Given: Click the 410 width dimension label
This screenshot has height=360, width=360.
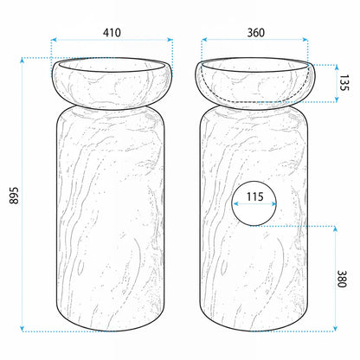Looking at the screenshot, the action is [x=112, y=33].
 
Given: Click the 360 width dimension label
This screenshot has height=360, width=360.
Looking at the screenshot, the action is [x=256, y=33].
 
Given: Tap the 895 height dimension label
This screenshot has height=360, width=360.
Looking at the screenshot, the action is [x=14, y=196].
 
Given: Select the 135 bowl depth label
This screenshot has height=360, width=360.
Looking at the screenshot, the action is [x=344, y=83].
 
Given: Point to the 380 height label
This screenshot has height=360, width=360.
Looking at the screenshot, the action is [x=342, y=279].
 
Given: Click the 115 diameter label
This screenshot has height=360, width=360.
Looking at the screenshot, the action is [x=255, y=196].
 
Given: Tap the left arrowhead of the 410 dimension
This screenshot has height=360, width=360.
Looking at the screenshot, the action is [x=54, y=40].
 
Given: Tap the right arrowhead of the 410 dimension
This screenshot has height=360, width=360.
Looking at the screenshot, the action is [x=170, y=40].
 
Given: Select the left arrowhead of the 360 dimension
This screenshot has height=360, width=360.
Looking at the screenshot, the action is [x=204, y=40].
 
